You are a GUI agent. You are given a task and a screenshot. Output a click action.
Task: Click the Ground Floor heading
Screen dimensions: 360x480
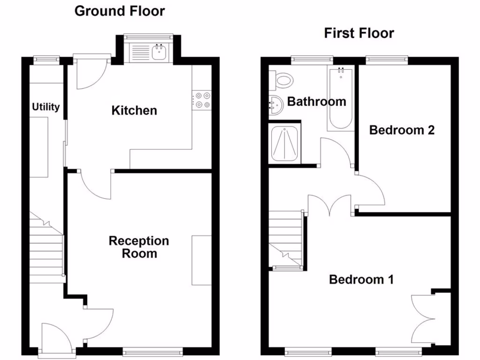click(x=120, y=11)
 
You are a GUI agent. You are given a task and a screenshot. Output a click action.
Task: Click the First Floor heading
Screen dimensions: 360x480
click(x=359, y=33)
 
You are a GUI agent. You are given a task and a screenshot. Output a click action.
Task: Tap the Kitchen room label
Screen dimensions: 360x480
click(x=134, y=111)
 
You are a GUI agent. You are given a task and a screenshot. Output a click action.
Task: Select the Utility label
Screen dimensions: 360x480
click(x=46, y=107)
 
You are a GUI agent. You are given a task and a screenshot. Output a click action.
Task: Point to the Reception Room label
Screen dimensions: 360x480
click(x=139, y=247)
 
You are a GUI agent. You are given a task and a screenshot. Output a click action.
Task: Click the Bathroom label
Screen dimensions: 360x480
click(x=316, y=101)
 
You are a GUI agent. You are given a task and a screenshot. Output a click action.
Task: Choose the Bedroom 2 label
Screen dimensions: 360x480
click(x=402, y=130)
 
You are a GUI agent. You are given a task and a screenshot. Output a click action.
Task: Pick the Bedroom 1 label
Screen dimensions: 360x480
click(x=361, y=280)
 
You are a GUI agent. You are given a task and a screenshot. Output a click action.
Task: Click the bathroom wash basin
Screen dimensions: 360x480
click(x=275, y=106)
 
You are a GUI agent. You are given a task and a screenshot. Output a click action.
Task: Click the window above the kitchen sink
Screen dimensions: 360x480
click(x=149, y=36)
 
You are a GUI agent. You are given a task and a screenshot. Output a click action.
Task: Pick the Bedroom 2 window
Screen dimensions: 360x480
click(x=387, y=59)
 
